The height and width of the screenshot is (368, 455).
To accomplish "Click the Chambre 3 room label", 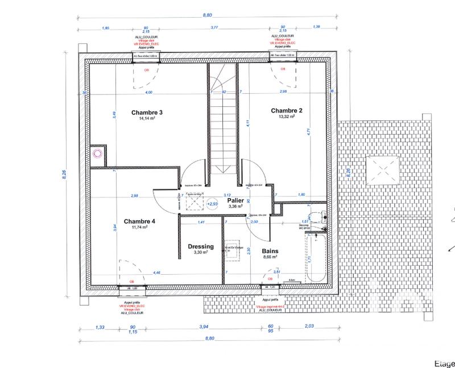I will click(147, 113).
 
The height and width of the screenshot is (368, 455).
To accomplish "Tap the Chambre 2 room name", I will click(286, 110).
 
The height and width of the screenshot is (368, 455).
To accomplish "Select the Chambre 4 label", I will click(139, 221).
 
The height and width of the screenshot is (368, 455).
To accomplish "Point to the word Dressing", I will click(200, 246).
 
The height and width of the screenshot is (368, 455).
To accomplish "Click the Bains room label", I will click(270, 250).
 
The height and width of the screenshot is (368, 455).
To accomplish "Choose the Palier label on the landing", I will click(235, 201).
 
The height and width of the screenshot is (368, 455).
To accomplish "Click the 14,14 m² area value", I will click(147, 119).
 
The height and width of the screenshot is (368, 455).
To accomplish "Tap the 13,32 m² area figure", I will click(286, 117).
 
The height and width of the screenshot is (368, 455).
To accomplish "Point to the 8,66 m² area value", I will click(270, 257).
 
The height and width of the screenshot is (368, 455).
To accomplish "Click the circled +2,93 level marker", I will click(212, 203).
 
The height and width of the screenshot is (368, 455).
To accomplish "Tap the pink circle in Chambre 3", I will click(97, 152).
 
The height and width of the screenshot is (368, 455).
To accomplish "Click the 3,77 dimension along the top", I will click(215, 27).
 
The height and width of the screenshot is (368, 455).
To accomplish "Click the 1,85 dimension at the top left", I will click(105, 27).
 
